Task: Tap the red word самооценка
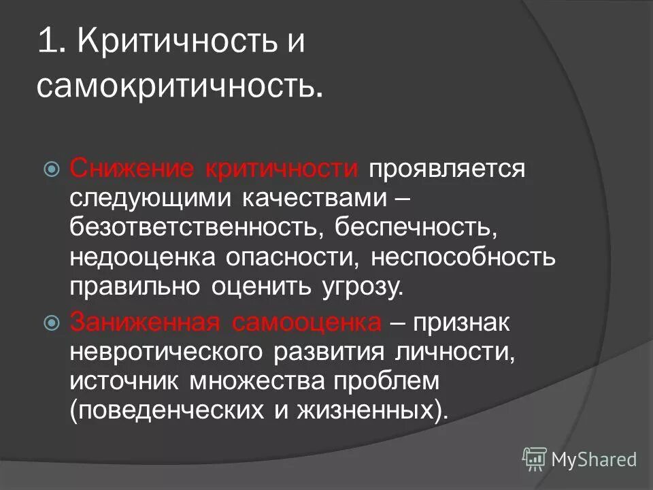(x=305, y=321)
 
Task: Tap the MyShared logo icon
(x=535, y=459)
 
